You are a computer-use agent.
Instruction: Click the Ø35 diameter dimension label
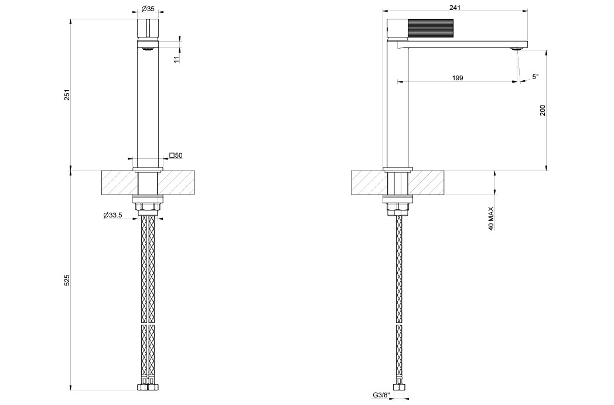click(148, 8)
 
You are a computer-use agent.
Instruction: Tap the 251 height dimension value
click(67, 95)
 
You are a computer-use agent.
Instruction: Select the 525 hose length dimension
click(67, 280)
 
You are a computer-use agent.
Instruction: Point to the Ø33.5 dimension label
click(112, 215)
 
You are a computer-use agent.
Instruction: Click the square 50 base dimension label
click(176, 155)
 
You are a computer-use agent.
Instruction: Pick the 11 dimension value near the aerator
click(176, 59)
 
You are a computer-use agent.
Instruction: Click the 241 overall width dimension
click(455, 8)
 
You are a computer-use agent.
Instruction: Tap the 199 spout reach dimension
click(458, 78)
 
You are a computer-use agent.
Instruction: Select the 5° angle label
click(535, 77)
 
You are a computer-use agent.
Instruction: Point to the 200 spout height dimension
click(543, 110)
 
